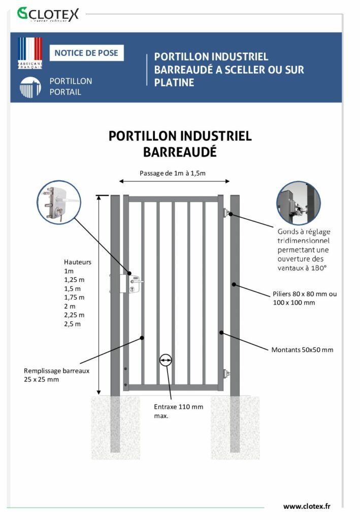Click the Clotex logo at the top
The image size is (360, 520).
coord(48,14)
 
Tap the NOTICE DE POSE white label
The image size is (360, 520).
coord(86,53)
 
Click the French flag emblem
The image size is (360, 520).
coord(30,53)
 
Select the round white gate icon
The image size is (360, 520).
coord(30,87)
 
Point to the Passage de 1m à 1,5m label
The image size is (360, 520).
coord(173,173)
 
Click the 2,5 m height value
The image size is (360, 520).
coord(72,324)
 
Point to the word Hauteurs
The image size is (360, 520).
coord(78,262)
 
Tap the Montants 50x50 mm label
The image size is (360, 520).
coord(302,350)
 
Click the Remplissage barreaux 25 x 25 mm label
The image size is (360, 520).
coord(56,375)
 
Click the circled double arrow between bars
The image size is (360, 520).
coord(166,360)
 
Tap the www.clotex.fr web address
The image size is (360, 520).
coord(307,506)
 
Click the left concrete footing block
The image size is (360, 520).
coord(115,428)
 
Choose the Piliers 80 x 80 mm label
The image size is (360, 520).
coord(305,298)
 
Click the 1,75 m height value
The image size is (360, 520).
coord(74,298)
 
